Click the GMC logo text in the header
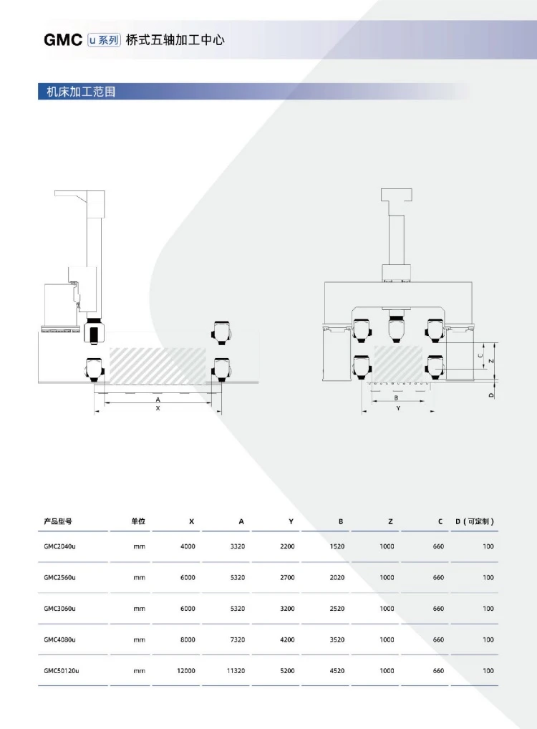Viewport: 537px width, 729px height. point(63,40)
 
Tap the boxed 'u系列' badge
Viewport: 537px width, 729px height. point(104,40)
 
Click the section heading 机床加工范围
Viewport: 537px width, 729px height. point(81,92)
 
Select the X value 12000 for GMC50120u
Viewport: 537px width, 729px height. point(186,671)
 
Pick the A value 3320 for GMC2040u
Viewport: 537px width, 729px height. point(238,546)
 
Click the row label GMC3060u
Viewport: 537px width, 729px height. point(59,609)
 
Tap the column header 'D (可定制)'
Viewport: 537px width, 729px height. point(475,521)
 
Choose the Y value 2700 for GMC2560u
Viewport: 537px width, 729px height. point(287,577)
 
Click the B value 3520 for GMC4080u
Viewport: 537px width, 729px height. point(337,639)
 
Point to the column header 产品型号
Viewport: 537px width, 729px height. point(58,521)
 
